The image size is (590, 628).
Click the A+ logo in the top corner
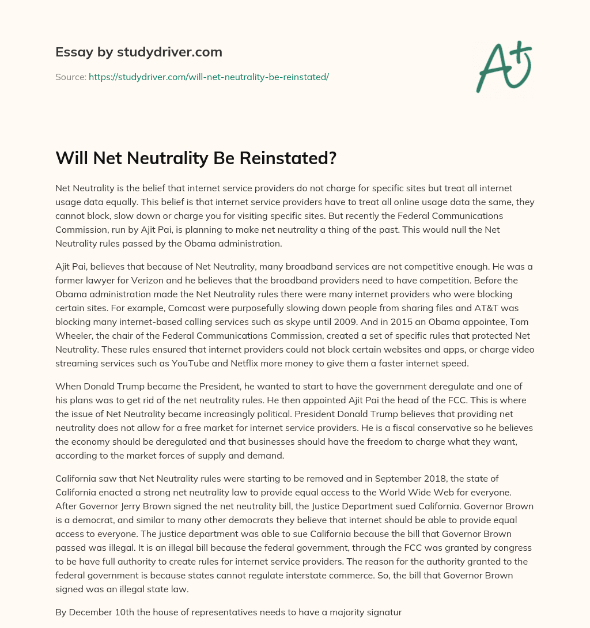[x=503, y=67]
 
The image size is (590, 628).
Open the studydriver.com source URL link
[x=209, y=77]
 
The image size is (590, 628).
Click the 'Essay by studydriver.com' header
[x=138, y=52]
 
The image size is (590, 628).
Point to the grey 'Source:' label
[x=70, y=77]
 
